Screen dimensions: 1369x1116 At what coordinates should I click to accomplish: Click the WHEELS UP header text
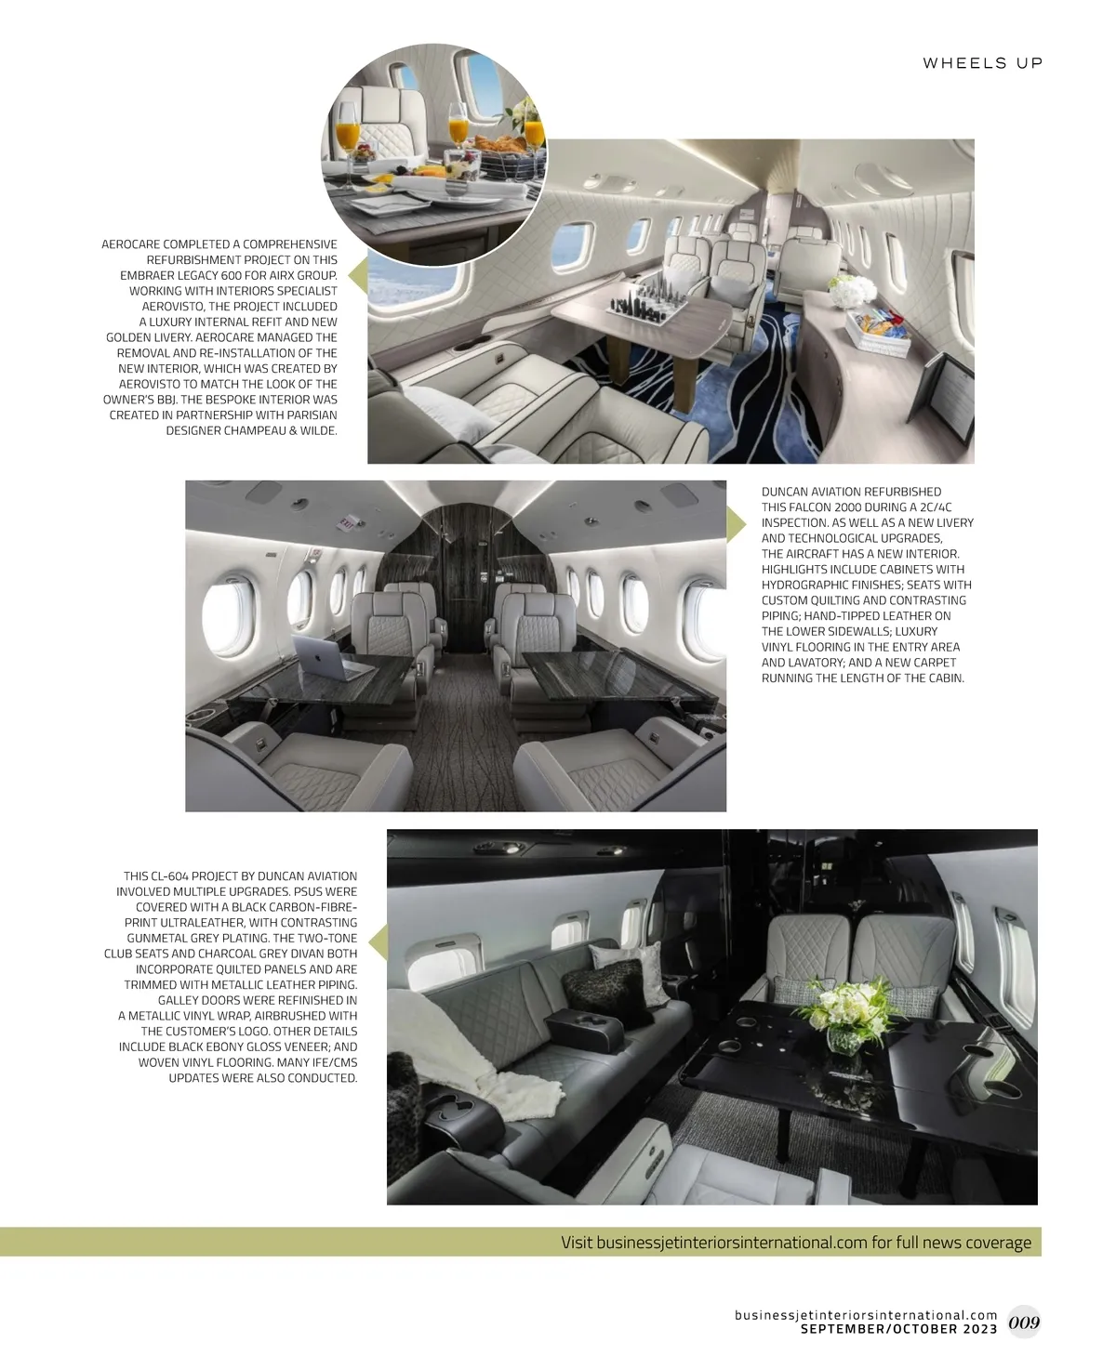pyautogui.click(x=982, y=63)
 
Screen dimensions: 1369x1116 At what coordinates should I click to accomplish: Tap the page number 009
pyautogui.click(x=1023, y=1322)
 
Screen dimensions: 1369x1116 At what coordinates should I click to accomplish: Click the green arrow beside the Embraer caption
pyautogui.click(x=357, y=275)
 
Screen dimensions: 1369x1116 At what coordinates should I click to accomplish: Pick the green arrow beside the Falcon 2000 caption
pyautogui.click(x=736, y=524)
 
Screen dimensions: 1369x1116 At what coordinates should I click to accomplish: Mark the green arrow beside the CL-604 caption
pyautogui.click(x=378, y=944)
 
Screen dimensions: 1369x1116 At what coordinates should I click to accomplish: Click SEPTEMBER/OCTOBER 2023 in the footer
pyautogui.click(x=898, y=1329)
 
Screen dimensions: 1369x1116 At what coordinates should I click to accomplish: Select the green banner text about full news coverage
pyautogui.click(x=796, y=1243)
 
